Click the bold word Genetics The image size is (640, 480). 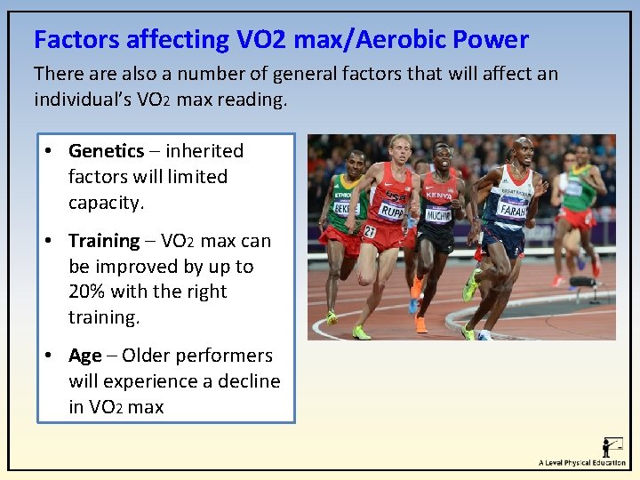[x=106, y=151]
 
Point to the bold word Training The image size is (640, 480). [x=104, y=241]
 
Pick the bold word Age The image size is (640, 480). [x=85, y=356]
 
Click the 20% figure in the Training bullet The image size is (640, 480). [x=87, y=292]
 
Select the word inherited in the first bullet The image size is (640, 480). [x=204, y=151]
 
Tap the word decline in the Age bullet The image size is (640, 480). [x=245, y=381]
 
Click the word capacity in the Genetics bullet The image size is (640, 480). [x=106, y=203]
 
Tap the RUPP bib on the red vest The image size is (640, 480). [x=392, y=211]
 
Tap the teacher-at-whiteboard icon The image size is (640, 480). [x=612, y=446]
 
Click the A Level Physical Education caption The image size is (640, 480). [x=582, y=463]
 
